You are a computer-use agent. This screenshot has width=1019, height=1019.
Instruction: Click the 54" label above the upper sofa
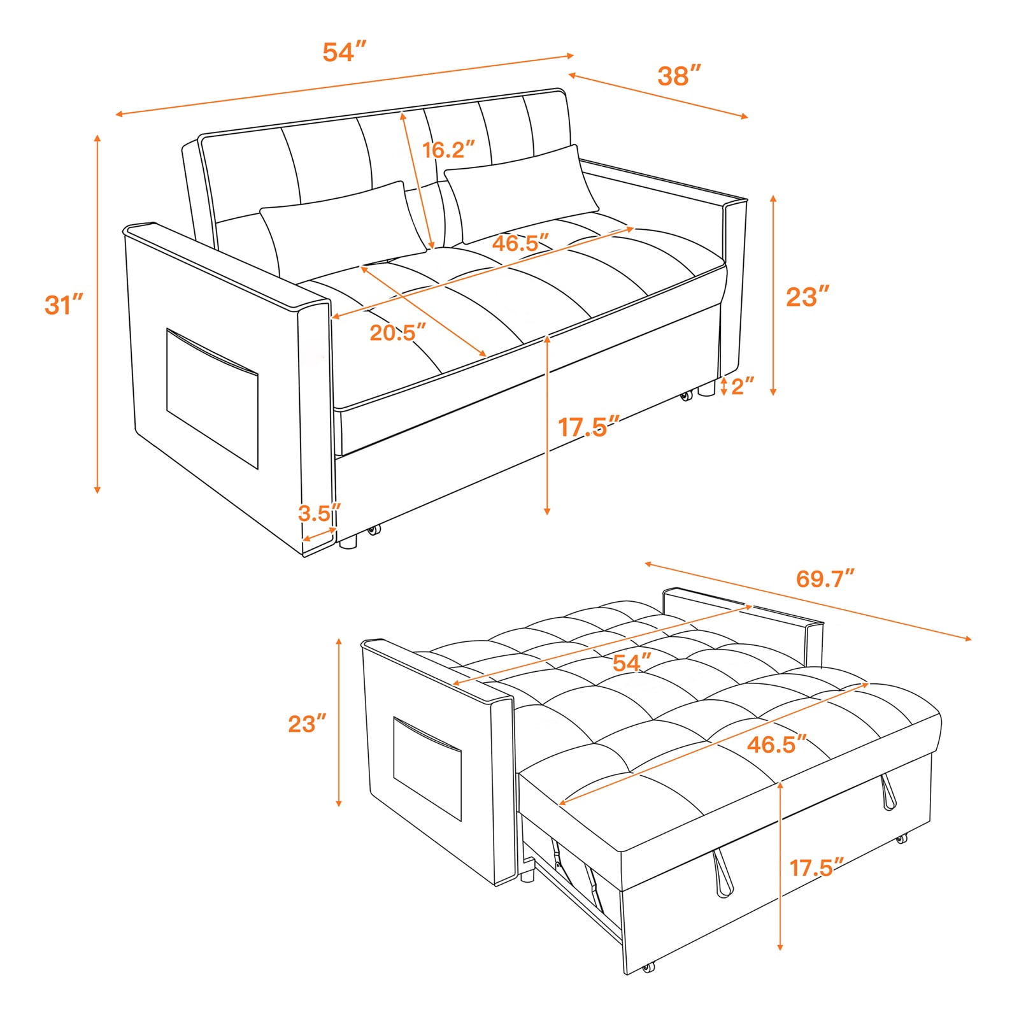[345, 52]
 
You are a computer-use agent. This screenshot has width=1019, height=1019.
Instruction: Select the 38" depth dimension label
[680, 76]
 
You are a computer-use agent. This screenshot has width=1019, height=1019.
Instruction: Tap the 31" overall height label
[64, 304]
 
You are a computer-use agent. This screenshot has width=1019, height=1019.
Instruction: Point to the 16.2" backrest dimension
[449, 150]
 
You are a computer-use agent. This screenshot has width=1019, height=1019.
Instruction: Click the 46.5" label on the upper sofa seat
[520, 243]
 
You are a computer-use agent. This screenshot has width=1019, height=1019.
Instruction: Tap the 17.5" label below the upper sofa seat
[589, 427]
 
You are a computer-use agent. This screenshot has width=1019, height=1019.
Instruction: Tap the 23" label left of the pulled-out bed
[307, 723]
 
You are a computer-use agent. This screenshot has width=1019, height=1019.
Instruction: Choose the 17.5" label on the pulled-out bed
[817, 867]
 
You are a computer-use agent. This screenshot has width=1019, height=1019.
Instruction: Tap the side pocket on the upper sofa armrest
[212, 399]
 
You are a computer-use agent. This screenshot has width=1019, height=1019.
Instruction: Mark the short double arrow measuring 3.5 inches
[320, 534]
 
